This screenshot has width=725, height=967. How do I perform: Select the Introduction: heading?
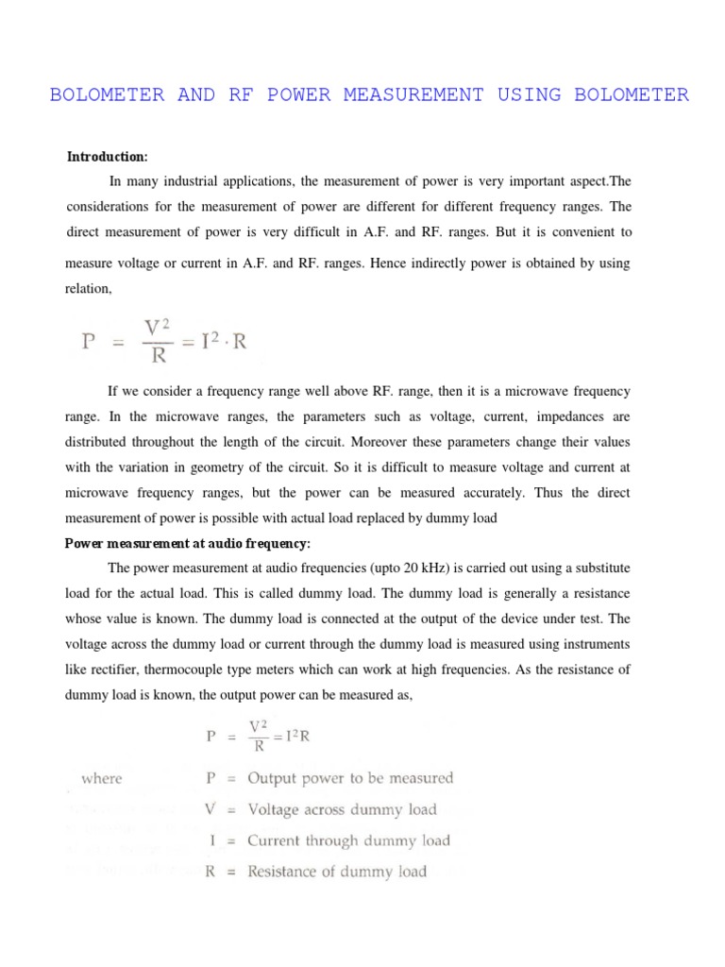107,156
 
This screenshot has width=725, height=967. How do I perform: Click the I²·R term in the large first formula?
218,342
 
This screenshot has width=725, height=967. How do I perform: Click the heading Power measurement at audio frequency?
187,543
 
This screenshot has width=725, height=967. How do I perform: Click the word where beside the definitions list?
102,779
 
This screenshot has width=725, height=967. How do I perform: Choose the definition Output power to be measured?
350,779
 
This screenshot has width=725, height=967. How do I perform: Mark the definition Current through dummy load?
348,840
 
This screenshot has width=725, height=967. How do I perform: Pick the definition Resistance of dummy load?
337,872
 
